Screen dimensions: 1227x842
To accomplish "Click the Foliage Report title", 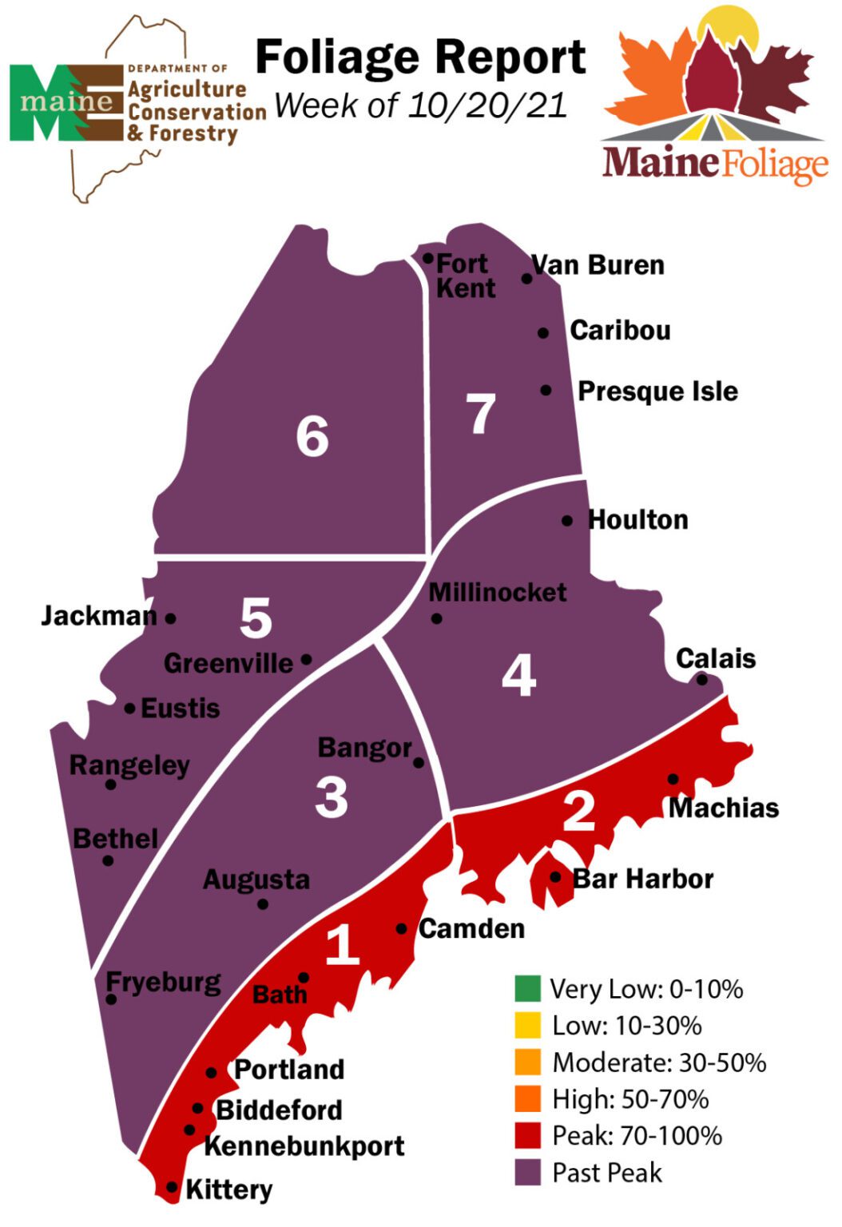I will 420,58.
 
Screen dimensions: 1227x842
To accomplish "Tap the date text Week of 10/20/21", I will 420,105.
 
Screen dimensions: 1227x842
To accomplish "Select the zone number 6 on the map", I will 312,436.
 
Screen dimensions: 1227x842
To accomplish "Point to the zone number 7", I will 481,414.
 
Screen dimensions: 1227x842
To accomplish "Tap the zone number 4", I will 518,676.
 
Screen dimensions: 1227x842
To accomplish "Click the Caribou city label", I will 620,330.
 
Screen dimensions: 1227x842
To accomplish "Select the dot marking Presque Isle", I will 546,390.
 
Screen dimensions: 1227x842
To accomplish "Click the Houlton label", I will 637,520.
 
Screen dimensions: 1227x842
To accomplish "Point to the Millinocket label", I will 497,592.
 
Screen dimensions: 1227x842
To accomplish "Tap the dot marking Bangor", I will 419,763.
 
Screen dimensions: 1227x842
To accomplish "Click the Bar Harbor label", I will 643,879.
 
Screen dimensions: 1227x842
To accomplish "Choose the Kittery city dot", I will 171,1188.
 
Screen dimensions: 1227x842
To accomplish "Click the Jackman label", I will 99,616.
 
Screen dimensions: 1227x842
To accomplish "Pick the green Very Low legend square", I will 527,988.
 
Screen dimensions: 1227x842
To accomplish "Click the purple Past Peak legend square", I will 527,1172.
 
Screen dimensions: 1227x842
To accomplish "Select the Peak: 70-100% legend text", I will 637,1135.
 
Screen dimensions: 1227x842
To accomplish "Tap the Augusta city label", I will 256,880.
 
